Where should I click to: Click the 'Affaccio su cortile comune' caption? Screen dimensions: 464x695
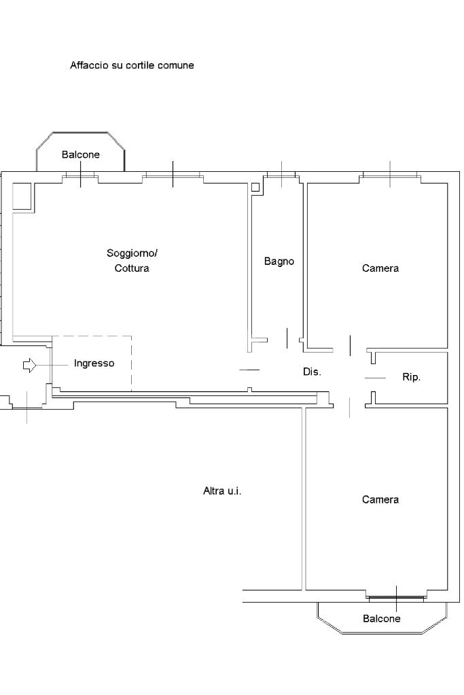132,65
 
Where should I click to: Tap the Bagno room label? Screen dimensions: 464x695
279,262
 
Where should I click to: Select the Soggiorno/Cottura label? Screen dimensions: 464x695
132,261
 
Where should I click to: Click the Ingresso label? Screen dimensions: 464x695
94,363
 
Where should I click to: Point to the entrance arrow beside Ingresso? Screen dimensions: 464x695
29,365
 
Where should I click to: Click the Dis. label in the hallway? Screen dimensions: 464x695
312,372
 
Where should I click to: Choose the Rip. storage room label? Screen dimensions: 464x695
411,377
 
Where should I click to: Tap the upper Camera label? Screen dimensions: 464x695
380,268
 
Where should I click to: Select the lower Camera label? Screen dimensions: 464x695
380,499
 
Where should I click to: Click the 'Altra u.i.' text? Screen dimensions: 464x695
222,491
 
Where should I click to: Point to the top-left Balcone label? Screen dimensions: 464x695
81,155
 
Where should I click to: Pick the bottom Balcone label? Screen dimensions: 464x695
382,618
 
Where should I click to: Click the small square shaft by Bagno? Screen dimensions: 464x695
255,187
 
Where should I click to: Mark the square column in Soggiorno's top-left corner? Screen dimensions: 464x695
22,196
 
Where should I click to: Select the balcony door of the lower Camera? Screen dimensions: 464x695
396,597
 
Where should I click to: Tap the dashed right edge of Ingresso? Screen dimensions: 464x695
132,363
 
